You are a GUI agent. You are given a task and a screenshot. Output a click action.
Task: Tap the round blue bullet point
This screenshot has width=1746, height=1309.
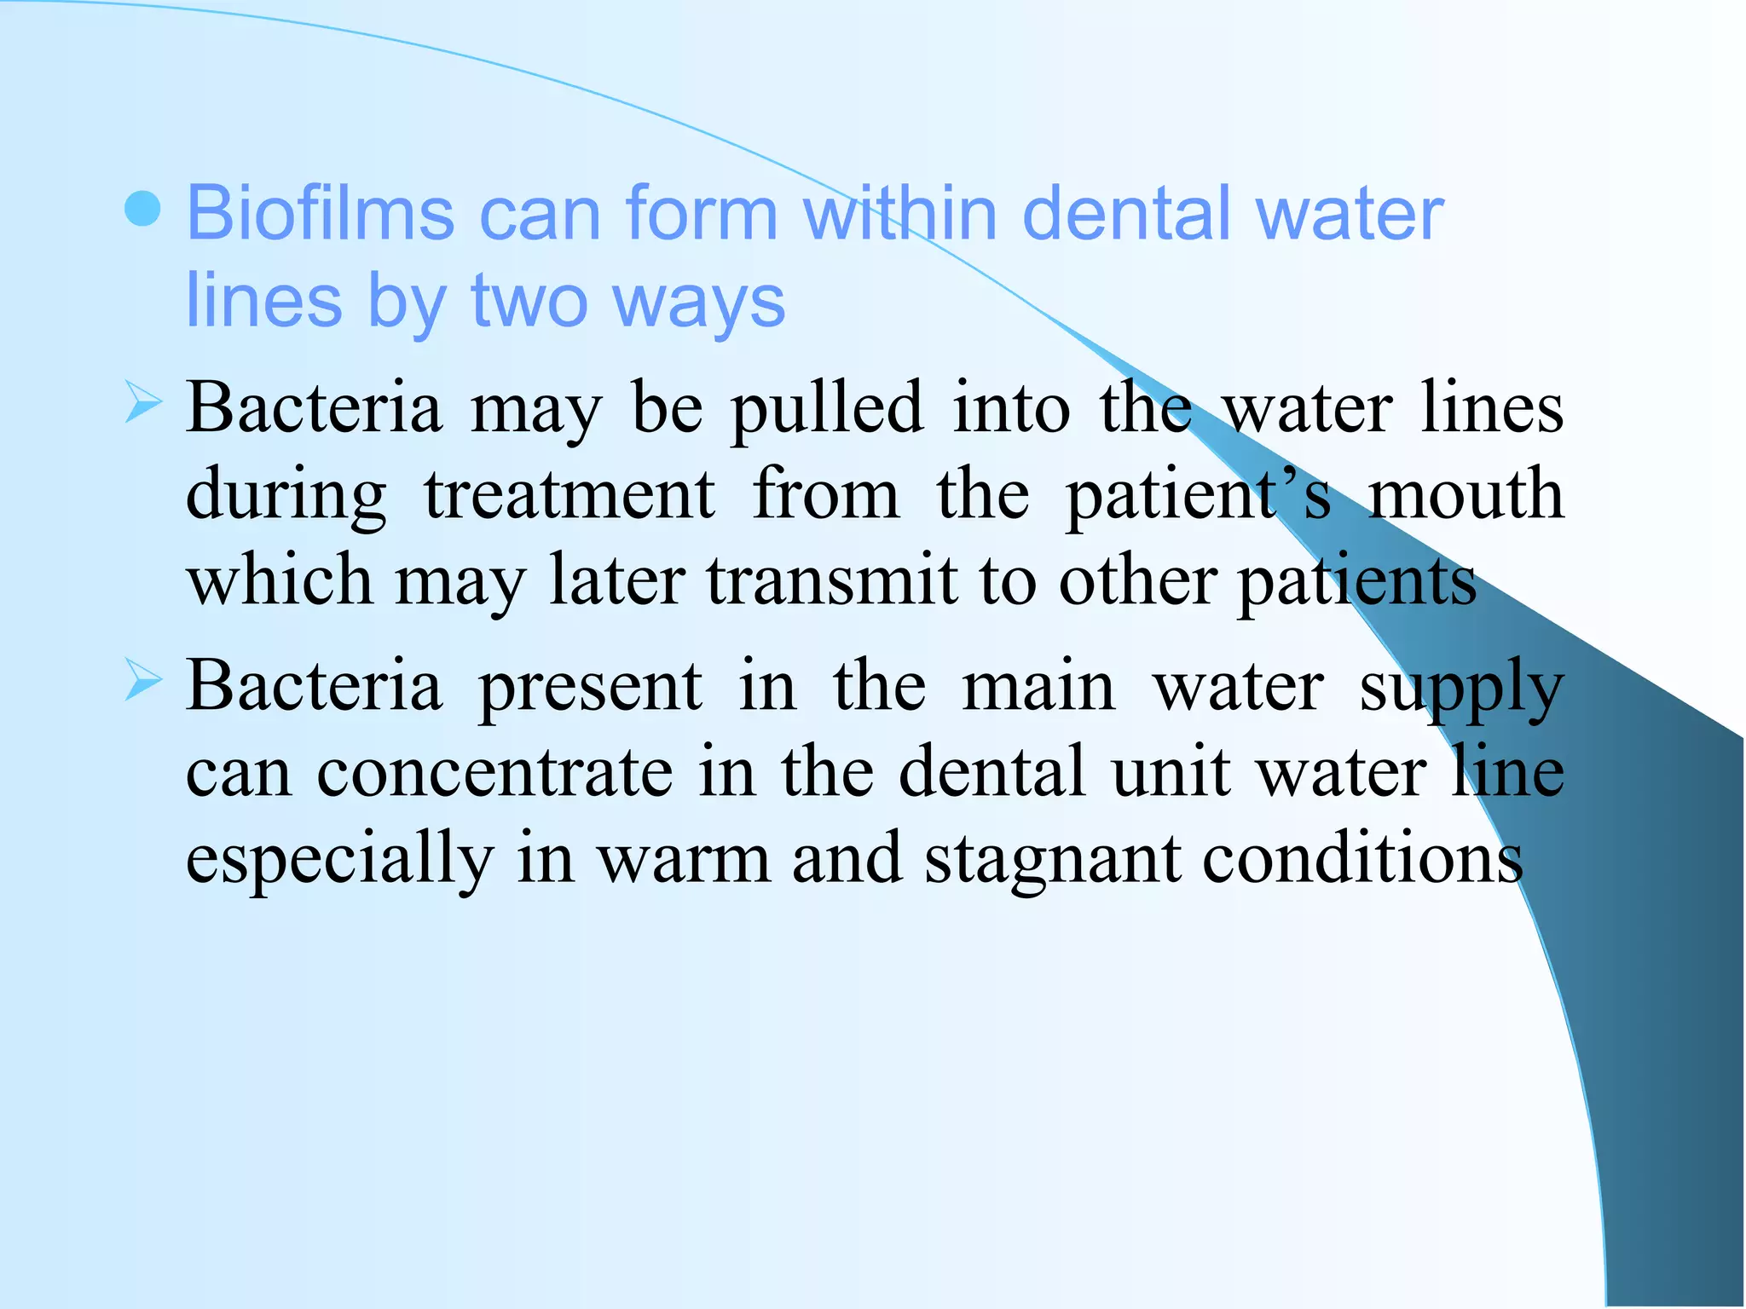click(x=142, y=209)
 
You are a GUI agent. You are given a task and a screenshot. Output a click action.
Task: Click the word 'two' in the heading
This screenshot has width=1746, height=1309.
click(x=529, y=302)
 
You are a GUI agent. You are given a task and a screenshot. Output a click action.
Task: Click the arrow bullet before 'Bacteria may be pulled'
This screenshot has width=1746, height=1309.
click(x=142, y=402)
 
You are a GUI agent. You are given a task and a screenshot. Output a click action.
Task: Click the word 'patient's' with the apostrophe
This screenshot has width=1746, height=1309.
click(x=1198, y=496)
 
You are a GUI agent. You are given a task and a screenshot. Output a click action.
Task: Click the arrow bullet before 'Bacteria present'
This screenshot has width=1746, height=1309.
click(x=142, y=679)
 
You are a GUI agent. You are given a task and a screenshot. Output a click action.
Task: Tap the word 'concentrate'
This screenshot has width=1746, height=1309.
click(x=494, y=772)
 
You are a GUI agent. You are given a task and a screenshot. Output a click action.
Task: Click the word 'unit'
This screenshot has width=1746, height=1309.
click(x=1171, y=772)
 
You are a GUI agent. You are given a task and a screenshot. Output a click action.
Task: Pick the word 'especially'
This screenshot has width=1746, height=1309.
click(x=339, y=859)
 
